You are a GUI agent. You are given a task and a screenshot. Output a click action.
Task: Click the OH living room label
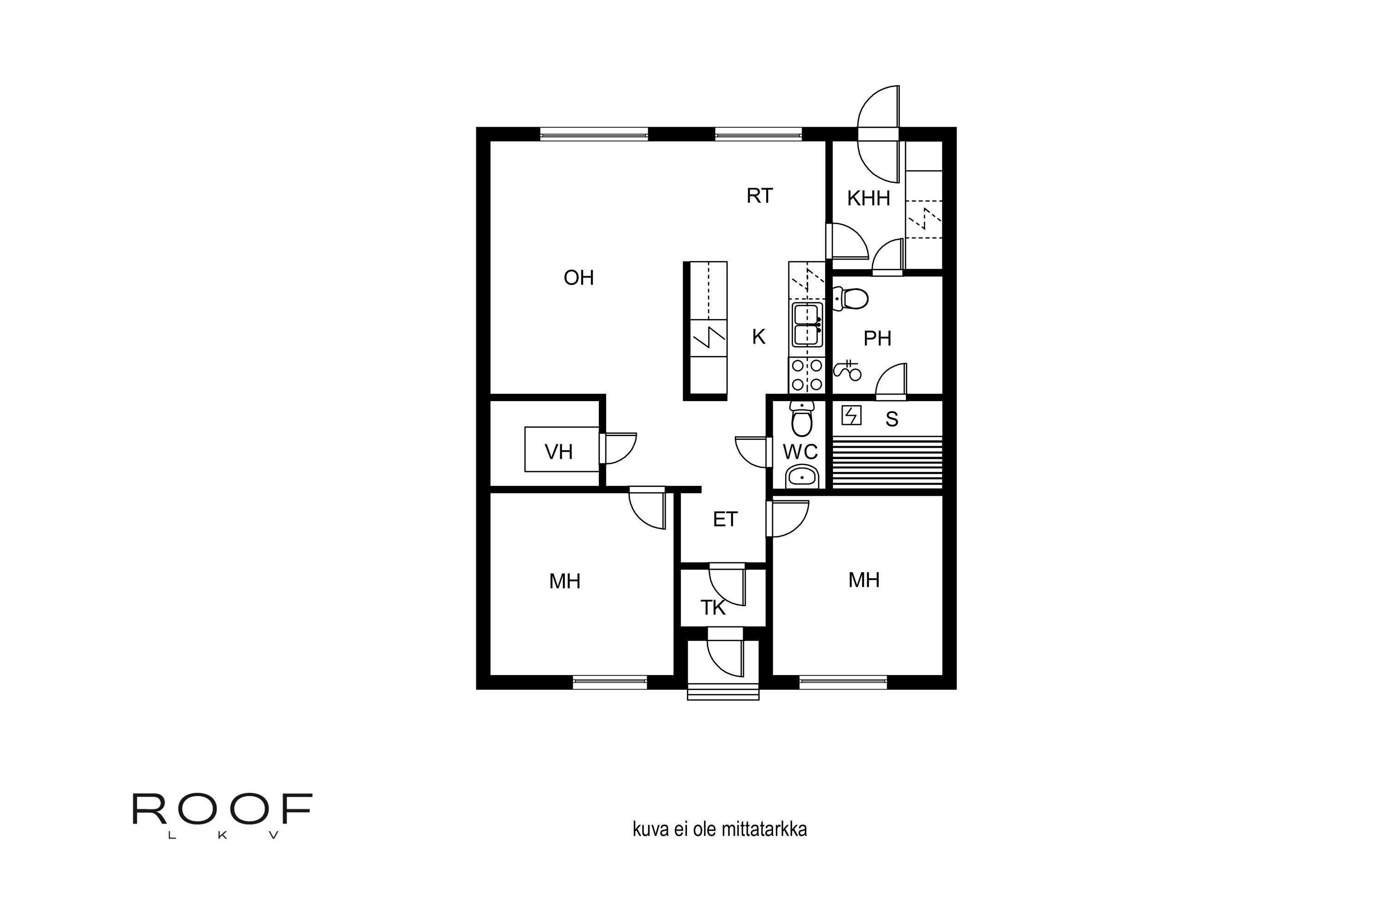579,278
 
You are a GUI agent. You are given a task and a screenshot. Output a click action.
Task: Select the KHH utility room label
869,199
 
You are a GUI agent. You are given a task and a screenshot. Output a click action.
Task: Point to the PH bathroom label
877,339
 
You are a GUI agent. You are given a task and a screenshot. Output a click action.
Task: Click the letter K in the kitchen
758,337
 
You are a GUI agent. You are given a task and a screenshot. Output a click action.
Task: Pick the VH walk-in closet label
559,452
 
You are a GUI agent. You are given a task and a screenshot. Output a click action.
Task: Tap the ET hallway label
725,519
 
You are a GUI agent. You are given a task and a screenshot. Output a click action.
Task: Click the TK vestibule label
713,608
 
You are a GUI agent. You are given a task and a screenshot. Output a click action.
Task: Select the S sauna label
892,419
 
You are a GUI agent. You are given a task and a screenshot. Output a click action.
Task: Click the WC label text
800,452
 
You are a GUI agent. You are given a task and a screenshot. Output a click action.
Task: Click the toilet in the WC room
802,419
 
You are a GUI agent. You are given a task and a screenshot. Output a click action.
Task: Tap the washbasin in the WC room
802,476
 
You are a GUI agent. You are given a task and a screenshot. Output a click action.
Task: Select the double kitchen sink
807,325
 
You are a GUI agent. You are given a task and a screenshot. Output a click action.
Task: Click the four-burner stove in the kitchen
807,374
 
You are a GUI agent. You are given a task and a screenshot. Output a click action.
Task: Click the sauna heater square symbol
851,415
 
